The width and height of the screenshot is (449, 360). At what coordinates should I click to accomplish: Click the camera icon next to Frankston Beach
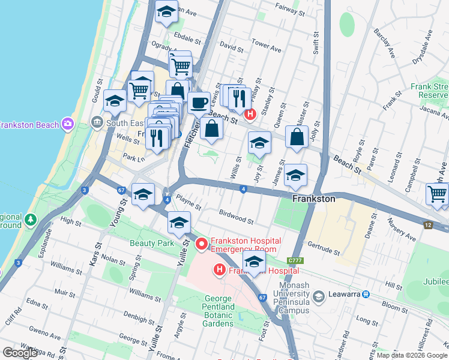click(x=68, y=124)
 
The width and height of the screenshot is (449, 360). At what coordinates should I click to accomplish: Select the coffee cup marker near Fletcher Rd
click(x=199, y=102)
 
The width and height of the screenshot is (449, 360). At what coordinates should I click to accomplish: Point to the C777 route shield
click(x=294, y=260)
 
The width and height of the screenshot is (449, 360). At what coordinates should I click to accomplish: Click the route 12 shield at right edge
click(x=428, y=224)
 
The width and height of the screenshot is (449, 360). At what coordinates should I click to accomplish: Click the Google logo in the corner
click(x=20, y=353)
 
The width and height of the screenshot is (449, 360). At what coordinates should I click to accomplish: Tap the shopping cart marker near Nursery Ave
click(x=437, y=194)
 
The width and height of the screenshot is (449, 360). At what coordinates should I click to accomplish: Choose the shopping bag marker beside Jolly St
click(x=297, y=137)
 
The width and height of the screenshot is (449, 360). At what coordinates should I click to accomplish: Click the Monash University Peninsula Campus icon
click(x=318, y=295)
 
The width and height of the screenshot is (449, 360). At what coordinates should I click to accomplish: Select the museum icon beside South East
click(x=97, y=123)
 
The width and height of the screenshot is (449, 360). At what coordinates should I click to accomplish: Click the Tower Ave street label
click(x=267, y=45)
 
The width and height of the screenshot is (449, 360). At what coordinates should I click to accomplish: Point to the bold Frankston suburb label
click(x=313, y=198)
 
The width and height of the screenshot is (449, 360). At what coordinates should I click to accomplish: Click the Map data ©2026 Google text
click(x=411, y=355)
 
